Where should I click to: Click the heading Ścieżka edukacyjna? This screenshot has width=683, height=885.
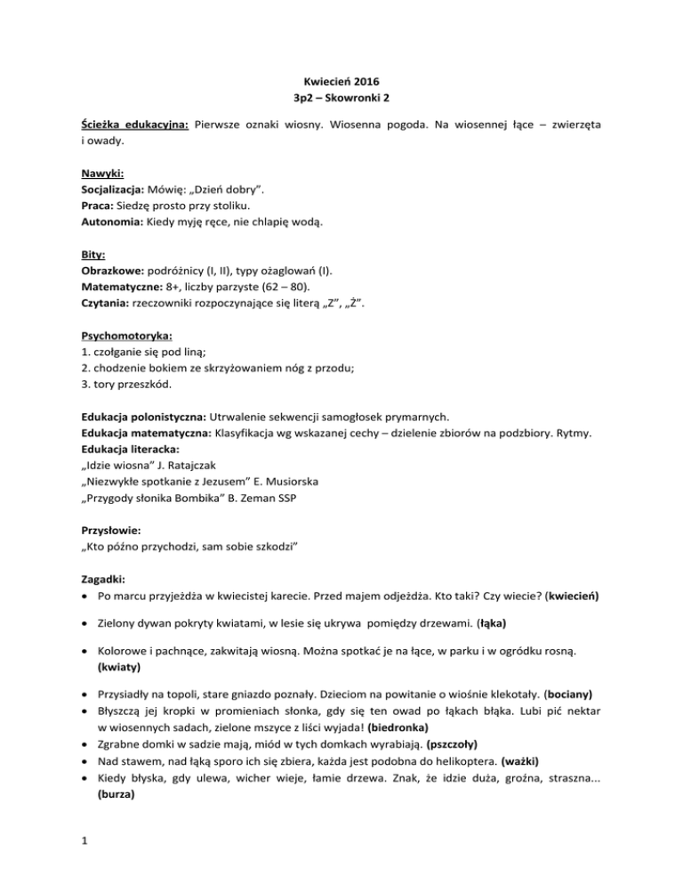[x=133, y=127]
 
